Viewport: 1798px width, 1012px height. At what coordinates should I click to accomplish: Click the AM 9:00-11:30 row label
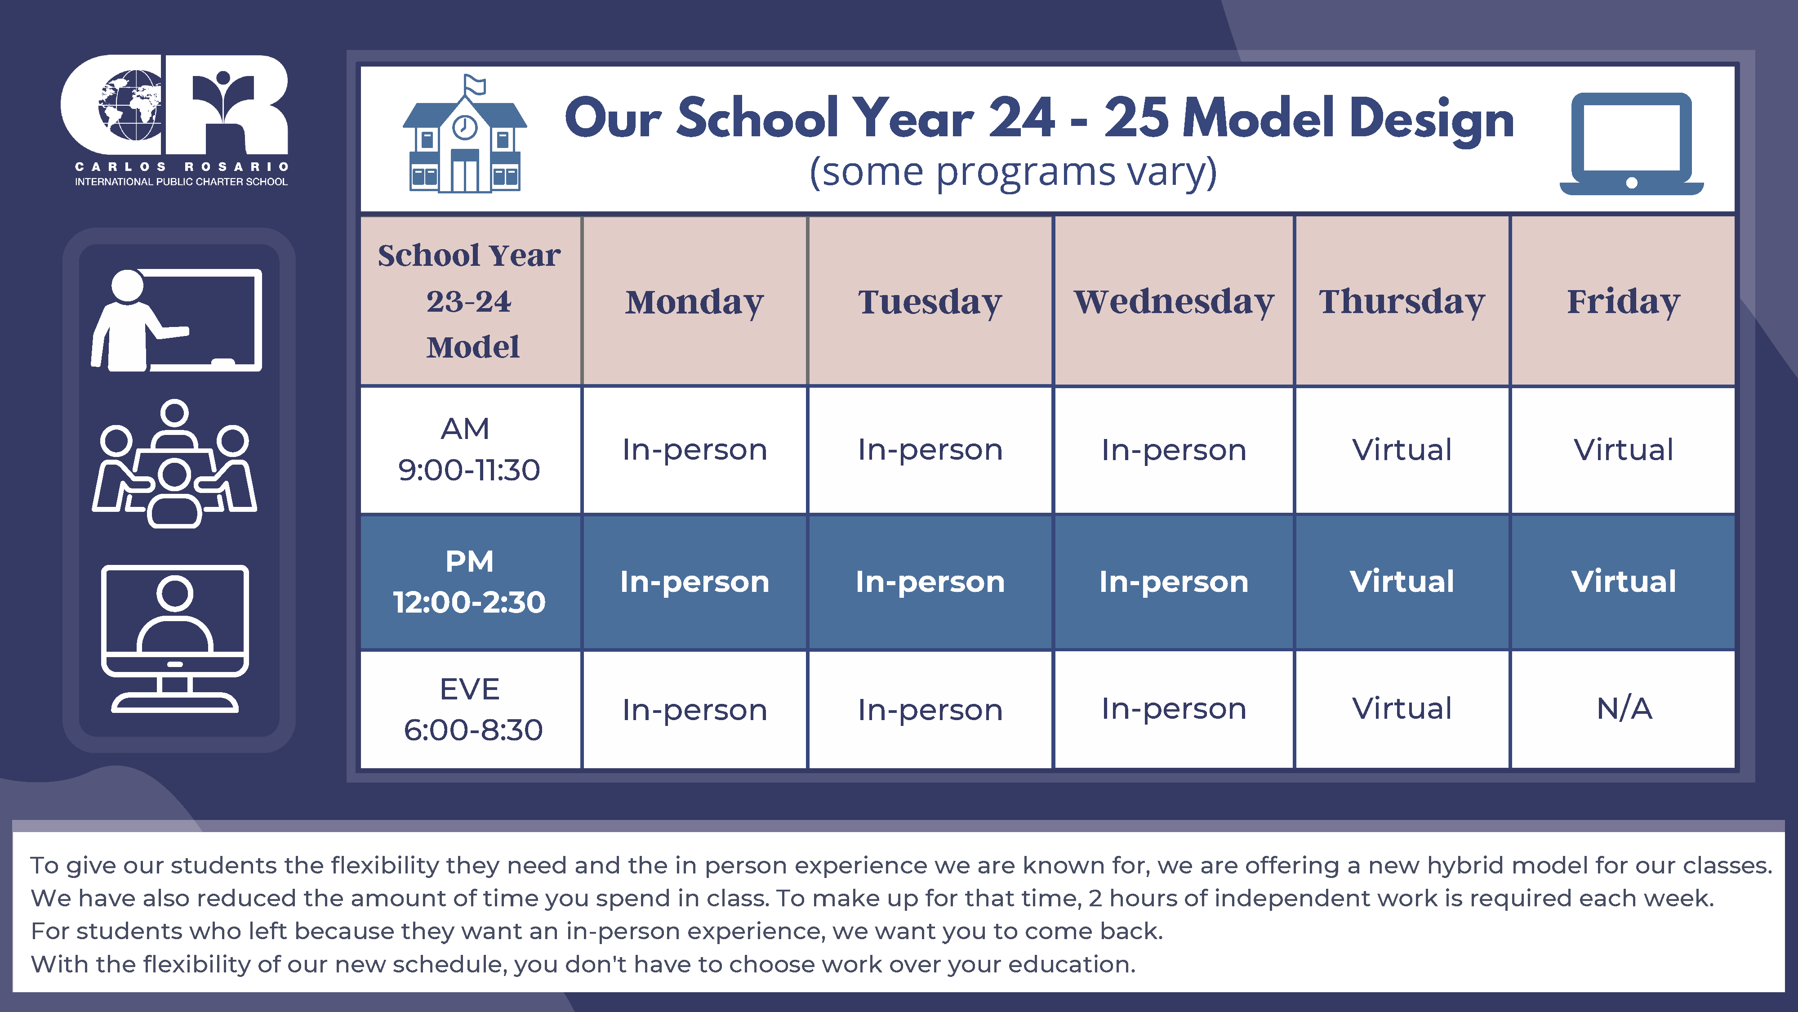pos(469,449)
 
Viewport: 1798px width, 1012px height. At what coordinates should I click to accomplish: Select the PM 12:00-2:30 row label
pos(469,582)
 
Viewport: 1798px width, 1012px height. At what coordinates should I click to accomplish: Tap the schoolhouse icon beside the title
pos(465,134)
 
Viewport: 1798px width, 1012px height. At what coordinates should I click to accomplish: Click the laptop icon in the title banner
pos(1632,144)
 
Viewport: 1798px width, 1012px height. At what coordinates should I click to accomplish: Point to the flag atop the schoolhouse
pos(476,85)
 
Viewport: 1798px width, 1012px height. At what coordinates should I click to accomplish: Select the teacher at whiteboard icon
pos(177,320)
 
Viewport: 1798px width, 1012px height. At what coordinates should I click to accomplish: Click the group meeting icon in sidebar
pos(174,464)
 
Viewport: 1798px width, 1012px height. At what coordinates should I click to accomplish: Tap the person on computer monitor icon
pos(174,638)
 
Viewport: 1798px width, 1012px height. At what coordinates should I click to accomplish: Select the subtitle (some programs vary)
pos(1013,172)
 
